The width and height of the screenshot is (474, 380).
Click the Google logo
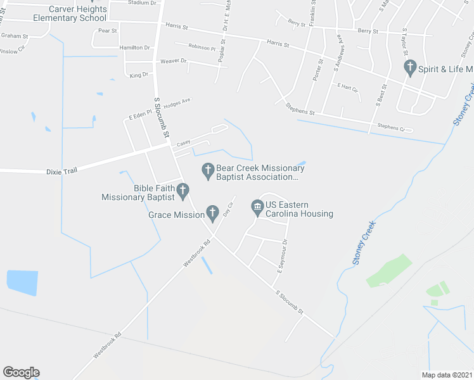pyautogui.click(x=21, y=372)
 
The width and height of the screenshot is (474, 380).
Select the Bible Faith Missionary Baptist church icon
pyautogui.click(x=183, y=189)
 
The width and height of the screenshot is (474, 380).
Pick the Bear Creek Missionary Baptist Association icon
pyautogui.click(x=207, y=170)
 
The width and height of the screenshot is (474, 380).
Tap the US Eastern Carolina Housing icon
pyautogui.click(x=257, y=206)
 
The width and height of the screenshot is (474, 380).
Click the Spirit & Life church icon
pyautogui.click(x=410, y=66)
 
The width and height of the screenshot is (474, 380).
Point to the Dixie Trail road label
pyautogui.click(x=63, y=172)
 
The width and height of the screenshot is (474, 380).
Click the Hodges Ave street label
pyautogui.click(x=177, y=101)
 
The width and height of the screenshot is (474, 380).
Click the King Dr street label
pyautogui.click(x=138, y=75)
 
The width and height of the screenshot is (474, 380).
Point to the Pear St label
pyautogui.click(x=108, y=30)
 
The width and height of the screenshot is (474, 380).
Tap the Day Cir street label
pyautogui.click(x=229, y=208)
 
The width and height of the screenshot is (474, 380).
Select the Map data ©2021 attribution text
pyautogui.click(x=446, y=375)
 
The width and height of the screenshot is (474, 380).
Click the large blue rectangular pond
pyautogui.click(x=21, y=283)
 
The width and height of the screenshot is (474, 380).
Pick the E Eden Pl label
pyautogui.click(x=141, y=115)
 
